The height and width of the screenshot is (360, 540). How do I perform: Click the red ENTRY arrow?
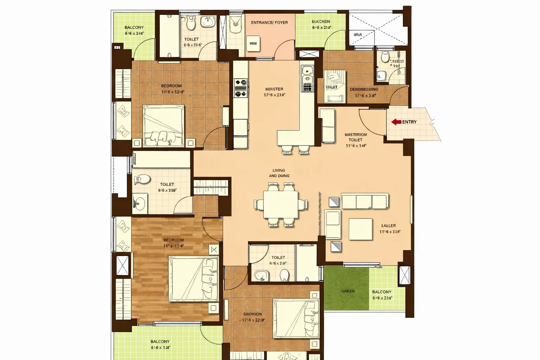tap(396, 122)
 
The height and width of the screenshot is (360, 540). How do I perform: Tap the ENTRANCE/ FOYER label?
tap(269, 22)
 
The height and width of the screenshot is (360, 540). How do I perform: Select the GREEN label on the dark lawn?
tap(348, 291)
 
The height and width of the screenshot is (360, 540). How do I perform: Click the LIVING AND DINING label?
tap(279, 173)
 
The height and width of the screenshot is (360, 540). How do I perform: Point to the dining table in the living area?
tap(281, 204)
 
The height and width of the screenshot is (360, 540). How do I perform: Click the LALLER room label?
tap(388, 226)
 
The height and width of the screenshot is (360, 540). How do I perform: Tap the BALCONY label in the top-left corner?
tap(134, 27)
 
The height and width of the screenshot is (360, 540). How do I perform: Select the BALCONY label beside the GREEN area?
tap(381, 292)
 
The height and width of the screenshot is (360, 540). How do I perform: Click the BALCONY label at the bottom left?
tap(160, 341)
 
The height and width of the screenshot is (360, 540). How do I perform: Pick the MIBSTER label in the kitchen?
tap(274, 89)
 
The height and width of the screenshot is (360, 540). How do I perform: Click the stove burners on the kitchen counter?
tap(241, 88)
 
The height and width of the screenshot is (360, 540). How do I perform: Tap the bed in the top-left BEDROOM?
tap(163, 126)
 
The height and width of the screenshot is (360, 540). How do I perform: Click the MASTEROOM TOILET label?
tap(355, 137)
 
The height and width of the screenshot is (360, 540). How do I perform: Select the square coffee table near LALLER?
tap(360, 229)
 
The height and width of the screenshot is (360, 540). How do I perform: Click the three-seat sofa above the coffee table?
tap(364, 201)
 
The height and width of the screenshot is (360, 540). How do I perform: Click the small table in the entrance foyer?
tap(253, 43)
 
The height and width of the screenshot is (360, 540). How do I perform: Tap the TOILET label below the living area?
tap(278, 258)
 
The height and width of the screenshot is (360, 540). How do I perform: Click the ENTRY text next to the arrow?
tap(409, 122)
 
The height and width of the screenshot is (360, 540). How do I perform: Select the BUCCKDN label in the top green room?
tap(321, 22)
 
